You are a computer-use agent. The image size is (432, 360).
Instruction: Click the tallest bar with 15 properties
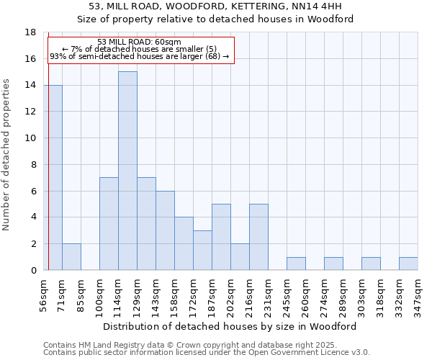pyautogui.click(x=127, y=171)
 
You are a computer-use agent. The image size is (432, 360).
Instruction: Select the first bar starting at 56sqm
pyautogui.click(x=53, y=177)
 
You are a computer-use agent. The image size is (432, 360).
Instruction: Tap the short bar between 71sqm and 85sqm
pyautogui.click(x=71, y=257)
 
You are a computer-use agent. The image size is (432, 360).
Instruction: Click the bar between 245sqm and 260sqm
pyautogui.click(x=296, y=264)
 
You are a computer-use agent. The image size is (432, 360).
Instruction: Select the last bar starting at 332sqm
pyautogui.click(x=408, y=264)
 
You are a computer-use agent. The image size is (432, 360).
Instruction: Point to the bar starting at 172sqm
pyautogui.click(x=202, y=250)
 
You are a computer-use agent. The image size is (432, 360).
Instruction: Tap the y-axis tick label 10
pyautogui.click(x=30, y=138)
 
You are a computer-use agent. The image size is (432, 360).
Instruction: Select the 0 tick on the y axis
pyautogui.click(x=33, y=271)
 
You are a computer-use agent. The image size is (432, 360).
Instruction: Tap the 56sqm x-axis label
pyautogui.click(x=44, y=294)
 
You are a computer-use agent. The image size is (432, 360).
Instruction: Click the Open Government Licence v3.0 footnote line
pyautogui.click(x=207, y=353)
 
